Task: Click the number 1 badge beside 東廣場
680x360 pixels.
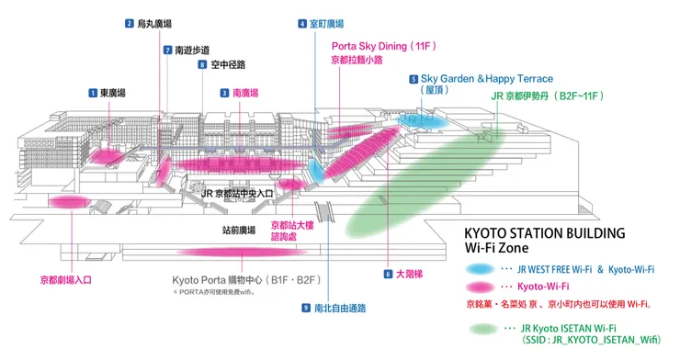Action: (x=93, y=92)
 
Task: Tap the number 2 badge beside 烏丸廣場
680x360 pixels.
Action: (x=130, y=24)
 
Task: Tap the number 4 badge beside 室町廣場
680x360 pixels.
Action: (x=302, y=24)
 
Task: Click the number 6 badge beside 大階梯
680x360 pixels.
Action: (x=389, y=274)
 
